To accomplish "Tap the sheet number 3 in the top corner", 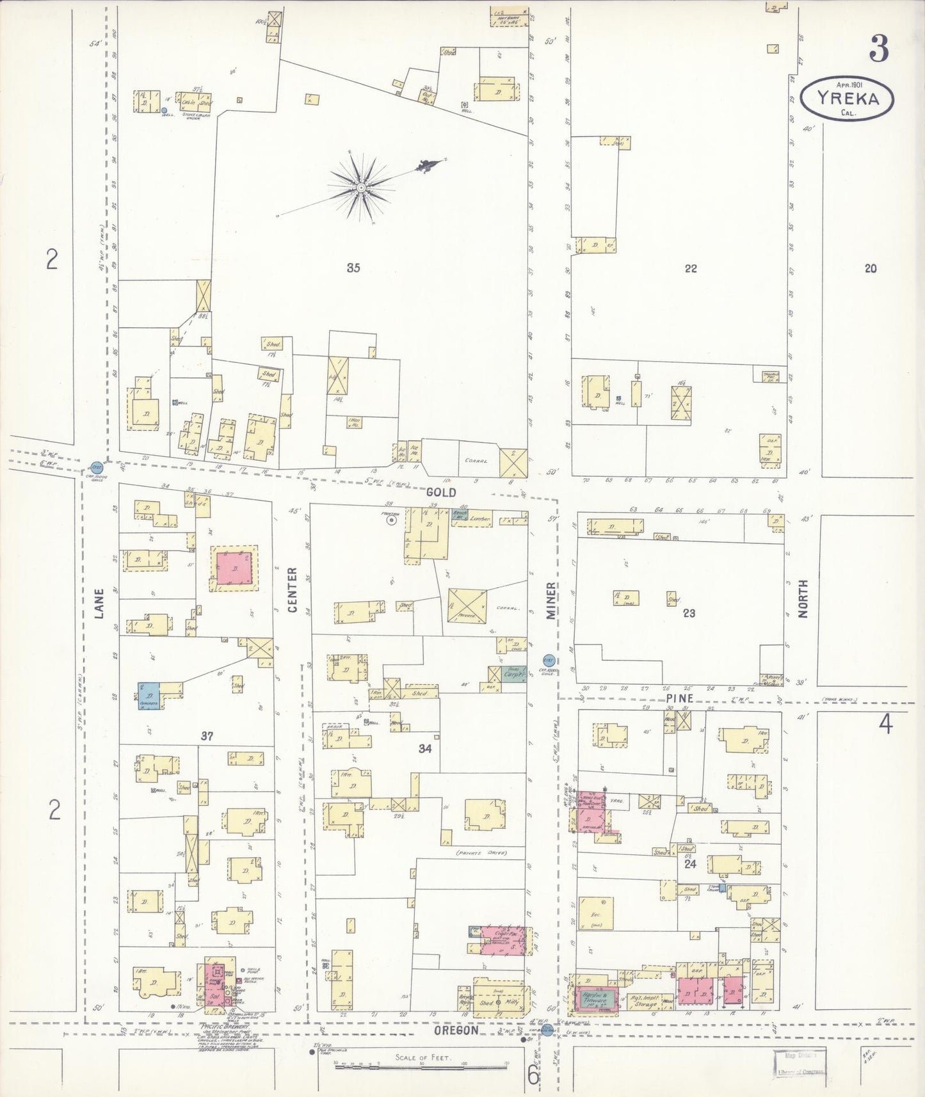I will [x=879, y=49].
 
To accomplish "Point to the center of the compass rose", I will [x=360, y=187].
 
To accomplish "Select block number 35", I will [x=353, y=268].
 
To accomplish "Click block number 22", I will [x=690, y=269].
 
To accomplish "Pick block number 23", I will [x=689, y=613].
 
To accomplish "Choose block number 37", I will [x=207, y=737].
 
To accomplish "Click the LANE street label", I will [x=99, y=604].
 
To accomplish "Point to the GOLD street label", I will [x=442, y=492].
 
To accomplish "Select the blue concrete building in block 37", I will [x=148, y=693].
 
